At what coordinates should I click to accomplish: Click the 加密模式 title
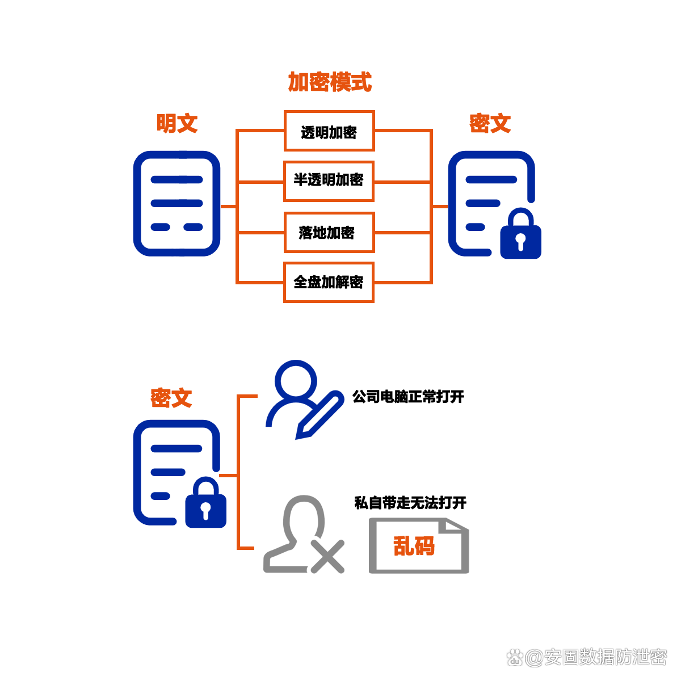pos(330,82)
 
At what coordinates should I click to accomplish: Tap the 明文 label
pos(177,123)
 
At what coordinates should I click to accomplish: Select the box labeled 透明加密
pos(329,131)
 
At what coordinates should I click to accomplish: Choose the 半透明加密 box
pos(329,181)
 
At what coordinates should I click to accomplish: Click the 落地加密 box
pos(329,233)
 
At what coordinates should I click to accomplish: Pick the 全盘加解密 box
pos(329,282)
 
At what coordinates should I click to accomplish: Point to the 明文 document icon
pos(176,203)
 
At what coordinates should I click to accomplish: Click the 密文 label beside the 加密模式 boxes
pos(490,123)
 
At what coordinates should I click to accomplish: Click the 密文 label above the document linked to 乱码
pos(171,398)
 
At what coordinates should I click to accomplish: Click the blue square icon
pos(305,400)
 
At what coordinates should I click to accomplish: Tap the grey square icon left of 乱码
pos(304,534)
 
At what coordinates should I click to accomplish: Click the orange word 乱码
pos(414,546)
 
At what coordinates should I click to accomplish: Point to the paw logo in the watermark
pos(515,658)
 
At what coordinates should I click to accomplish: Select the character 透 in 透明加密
pos(308,132)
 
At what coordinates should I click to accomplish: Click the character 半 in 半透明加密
pos(300,180)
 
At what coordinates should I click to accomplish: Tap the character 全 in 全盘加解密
pos(300,282)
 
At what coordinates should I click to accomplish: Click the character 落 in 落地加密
pos(306,233)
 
